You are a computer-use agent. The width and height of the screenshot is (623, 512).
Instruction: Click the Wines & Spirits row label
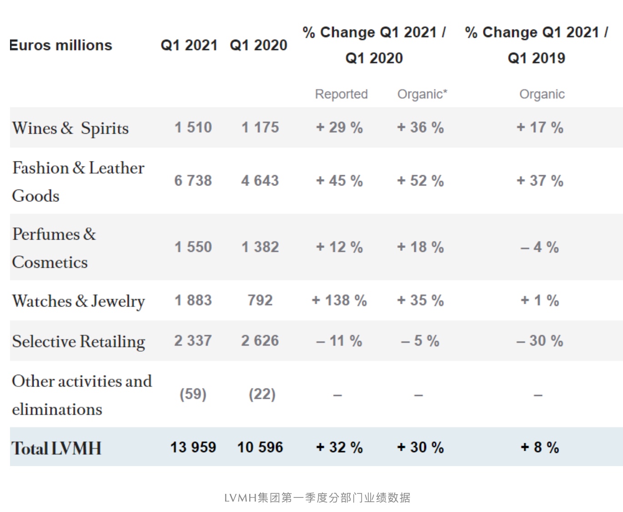(x=70, y=128)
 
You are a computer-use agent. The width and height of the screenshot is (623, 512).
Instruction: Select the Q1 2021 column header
(x=189, y=45)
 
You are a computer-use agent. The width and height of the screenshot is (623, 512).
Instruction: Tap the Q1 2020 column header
(x=258, y=45)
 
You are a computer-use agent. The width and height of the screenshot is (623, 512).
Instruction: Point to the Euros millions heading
(x=60, y=45)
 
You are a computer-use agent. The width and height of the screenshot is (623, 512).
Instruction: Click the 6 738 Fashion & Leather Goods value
(x=193, y=181)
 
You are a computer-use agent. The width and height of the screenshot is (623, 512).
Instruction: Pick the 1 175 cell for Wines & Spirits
(x=260, y=127)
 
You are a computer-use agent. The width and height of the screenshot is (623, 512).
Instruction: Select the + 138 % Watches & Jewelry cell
(x=339, y=300)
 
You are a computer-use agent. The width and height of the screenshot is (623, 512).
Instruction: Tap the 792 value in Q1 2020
(x=260, y=300)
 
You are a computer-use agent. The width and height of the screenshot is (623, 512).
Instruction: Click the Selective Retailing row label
(x=79, y=341)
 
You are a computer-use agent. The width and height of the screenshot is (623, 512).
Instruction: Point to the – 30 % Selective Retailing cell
(x=540, y=341)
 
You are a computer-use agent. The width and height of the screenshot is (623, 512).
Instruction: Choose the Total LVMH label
(x=56, y=448)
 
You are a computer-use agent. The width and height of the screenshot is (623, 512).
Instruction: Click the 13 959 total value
(x=193, y=447)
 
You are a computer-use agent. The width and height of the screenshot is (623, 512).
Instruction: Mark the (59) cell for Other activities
(x=193, y=394)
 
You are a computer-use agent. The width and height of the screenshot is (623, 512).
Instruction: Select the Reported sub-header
(x=341, y=94)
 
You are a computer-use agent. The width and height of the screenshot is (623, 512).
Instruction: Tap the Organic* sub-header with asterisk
(x=422, y=94)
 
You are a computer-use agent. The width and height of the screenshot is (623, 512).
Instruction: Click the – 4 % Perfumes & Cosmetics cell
(x=540, y=247)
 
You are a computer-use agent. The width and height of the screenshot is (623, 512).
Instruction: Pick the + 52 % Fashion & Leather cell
(x=420, y=181)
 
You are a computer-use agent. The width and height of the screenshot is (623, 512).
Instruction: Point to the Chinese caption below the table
(x=317, y=497)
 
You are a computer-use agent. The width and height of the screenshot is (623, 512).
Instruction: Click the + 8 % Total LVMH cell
(x=540, y=447)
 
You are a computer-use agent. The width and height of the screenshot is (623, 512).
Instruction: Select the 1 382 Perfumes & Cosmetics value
(x=260, y=247)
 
